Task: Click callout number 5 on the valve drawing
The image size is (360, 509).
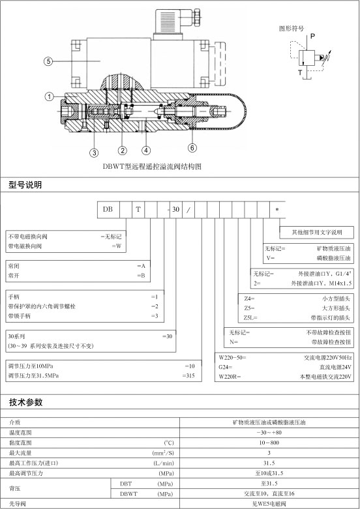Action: pyautogui.click(x=48, y=61)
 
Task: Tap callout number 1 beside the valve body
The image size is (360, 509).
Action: pyautogui.click(x=49, y=96)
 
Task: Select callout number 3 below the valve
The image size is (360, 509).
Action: pyautogui.click(x=94, y=153)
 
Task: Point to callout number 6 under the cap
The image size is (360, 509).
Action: pyautogui.click(x=192, y=148)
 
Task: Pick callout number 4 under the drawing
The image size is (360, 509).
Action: pyautogui.click(x=146, y=151)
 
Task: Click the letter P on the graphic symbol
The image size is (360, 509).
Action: pyautogui.click(x=312, y=36)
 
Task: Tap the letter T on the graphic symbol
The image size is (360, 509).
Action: pyautogui.click(x=300, y=72)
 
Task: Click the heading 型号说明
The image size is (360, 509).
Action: pyautogui.click(x=25, y=185)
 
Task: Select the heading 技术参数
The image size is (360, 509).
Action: pyautogui.click(x=25, y=402)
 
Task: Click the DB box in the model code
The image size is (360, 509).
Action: pyautogui.click(x=108, y=209)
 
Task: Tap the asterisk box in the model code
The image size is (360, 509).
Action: pyautogui.click(x=277, y=210)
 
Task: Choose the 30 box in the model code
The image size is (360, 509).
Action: pyautogui.click(x=176, y=209)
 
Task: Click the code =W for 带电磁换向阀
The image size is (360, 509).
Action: pyautogui.click(x=117, y=246)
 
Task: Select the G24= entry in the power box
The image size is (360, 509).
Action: pyautogui.click(x=226, y=367)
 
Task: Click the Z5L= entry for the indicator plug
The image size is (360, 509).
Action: pyautogui.click(x=250, y=317)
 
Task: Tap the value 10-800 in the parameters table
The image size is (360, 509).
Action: pyautogui.click(x=269, y=443)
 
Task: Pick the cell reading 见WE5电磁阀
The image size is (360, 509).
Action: pyautogui.click(x=269, y=504)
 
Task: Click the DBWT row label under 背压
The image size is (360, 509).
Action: pyautogui.click(x=128, y=494)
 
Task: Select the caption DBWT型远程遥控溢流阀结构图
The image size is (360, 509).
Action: pyautogui.click(x=152, y=167)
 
